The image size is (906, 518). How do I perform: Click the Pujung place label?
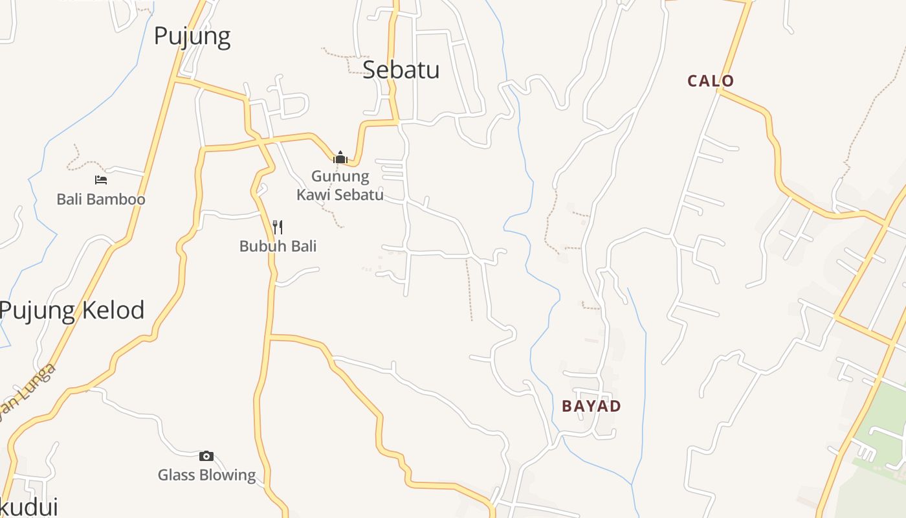coord(192,36)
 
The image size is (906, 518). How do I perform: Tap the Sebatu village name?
coord(401,69)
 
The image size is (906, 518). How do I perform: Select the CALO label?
coord(711,81)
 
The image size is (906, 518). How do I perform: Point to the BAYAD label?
coord(591,406)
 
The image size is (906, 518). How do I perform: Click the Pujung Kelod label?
coord(72,311)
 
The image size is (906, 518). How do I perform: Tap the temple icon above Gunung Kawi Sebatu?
coord(340,157)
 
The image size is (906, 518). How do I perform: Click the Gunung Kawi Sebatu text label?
coord(340,185)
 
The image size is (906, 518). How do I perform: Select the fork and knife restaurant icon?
coord(278,227)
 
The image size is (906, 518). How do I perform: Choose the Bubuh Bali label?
coord(278,246)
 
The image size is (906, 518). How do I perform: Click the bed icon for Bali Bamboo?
coord(100,180)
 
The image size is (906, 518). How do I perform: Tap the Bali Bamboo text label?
coord(101,199)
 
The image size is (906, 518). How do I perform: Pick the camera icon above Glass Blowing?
coord(206,456)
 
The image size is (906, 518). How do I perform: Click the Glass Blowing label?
coord(207,475)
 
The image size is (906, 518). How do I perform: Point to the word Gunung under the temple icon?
coord(340,176)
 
